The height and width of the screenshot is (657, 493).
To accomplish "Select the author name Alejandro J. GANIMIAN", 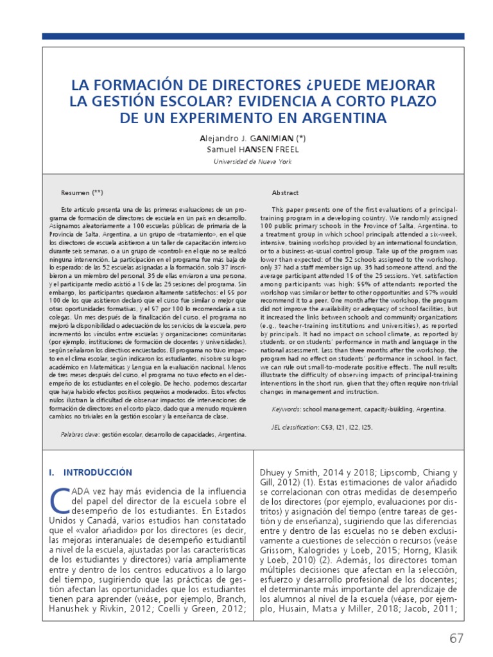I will pos(247,138).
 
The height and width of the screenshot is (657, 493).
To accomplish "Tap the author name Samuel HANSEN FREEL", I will pos(252,149).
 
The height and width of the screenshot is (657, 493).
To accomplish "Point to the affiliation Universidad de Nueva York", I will pos(252,162).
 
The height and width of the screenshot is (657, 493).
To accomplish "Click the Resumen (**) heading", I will pos(82,192).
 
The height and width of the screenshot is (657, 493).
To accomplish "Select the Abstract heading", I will pos(285,192).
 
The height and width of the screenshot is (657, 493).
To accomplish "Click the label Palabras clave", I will pos(80,434).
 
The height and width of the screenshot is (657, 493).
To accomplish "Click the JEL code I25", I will pos(365,427).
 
